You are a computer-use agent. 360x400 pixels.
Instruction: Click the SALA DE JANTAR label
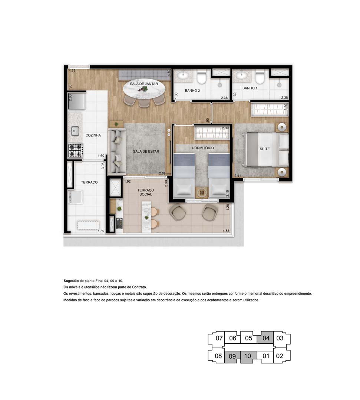144,84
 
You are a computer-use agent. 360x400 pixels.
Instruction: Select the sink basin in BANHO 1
242,76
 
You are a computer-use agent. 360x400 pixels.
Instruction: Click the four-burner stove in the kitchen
75,150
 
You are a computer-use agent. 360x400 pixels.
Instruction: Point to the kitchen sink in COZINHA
75,130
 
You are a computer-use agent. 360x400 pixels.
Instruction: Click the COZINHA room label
93,136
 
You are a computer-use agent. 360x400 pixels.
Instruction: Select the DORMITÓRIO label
203,148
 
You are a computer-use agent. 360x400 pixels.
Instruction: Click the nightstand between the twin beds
202,193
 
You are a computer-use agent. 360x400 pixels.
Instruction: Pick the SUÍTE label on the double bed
265,149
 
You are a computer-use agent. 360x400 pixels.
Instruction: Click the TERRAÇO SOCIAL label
145,192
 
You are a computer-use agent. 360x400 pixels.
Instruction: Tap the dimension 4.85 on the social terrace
226,231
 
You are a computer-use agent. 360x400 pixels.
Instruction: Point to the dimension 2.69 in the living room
162,173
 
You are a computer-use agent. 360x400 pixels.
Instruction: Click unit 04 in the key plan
266,338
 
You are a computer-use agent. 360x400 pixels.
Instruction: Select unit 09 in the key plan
232,356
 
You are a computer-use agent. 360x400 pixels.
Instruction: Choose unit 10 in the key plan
248,356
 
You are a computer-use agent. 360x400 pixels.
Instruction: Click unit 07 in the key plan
219,338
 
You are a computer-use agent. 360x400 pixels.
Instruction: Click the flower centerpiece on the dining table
145,89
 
